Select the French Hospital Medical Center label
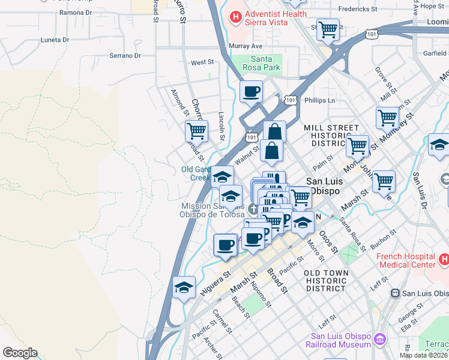click(406, 260)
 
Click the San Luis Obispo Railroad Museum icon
click(379, 340)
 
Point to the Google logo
click(20, 353)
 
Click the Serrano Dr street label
click(125, 56)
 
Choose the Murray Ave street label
click(246, 46)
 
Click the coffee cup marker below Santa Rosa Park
click(251, 92)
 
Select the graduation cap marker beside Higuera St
click(184, 286)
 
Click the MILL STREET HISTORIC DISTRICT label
click(331, 136)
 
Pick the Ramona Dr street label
click(75, 12)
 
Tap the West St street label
click(202, 62)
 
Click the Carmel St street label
click(221, 321)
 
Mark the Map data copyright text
click(424, 355)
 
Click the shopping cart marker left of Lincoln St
click(196, 130)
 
